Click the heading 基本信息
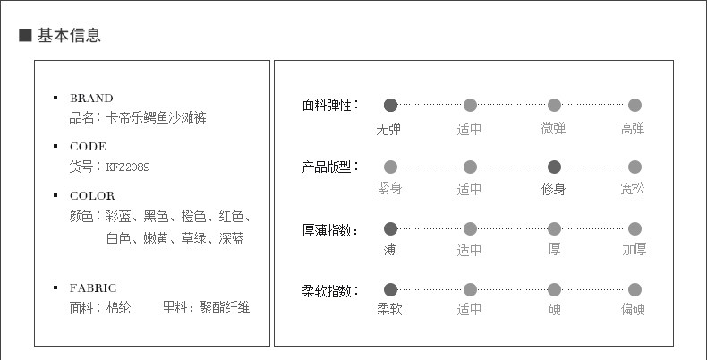coord(69,36)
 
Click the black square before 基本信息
coord(26,36)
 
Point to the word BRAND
coord(91,98)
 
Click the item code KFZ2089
coord(128,166)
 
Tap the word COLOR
coord(92,195)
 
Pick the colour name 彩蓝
coord(119,216)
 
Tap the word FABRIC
coord(93,287)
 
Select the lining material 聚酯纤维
coord(225,308)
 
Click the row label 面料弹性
coord(328,105)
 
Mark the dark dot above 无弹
coord(390,105)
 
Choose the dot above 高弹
coord(635,105)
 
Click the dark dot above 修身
coord(554,167)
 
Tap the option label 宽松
coord(633,189)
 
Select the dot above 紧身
coord(390,167)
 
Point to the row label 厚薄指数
coord(328,230)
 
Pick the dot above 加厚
coord(635,228)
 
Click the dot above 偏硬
coord(635,289)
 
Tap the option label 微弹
coord(554,128)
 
